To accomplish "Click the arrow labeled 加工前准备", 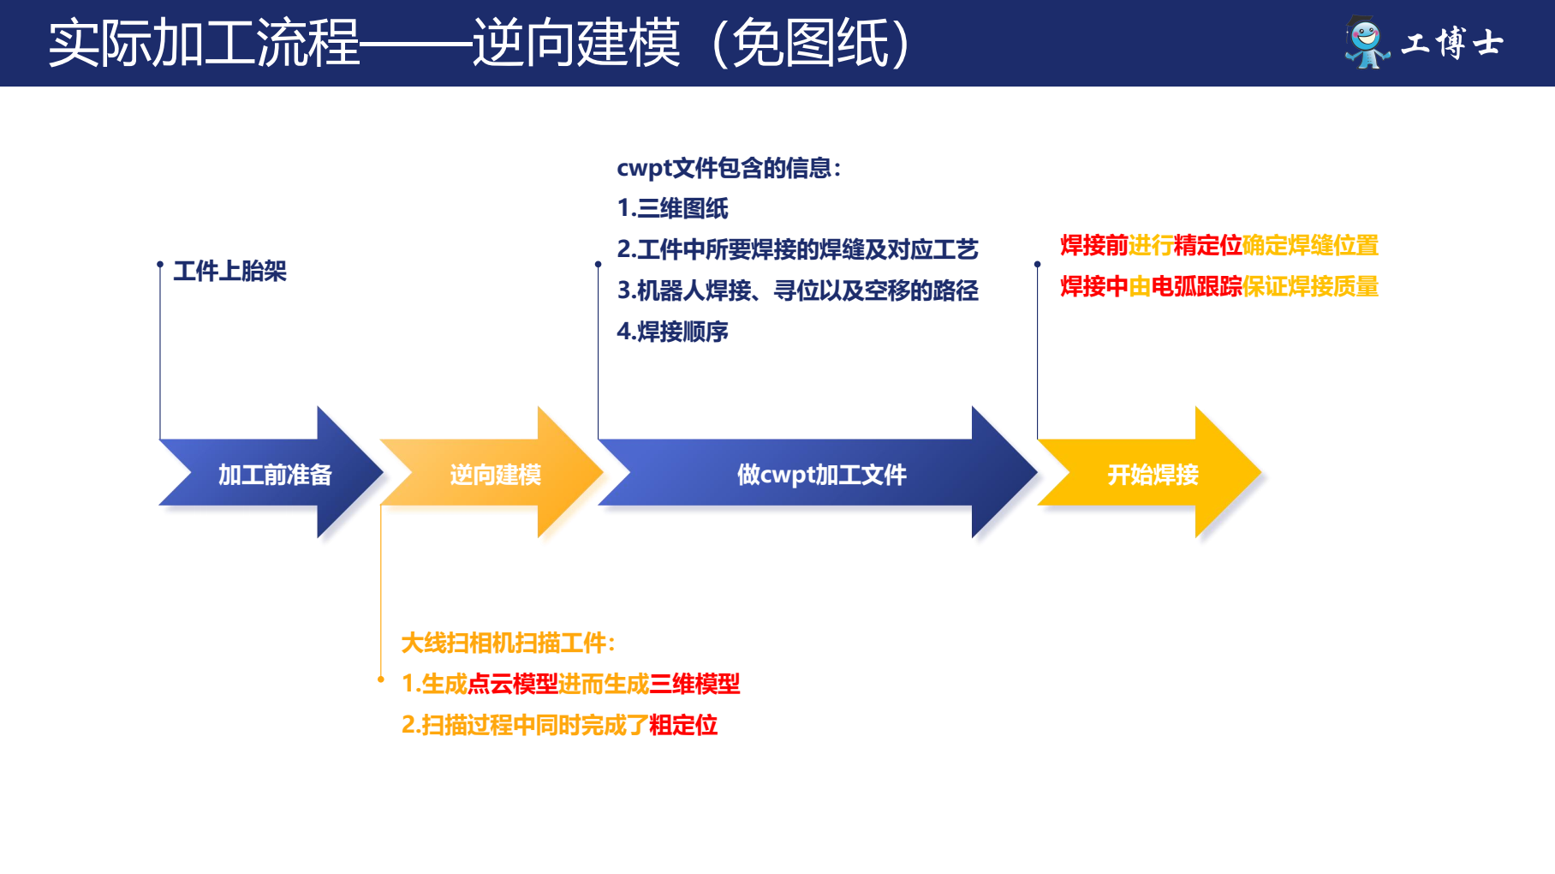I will pos(274,474).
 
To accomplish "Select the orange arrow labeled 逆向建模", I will pos(495,474).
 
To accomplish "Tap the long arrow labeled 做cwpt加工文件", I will pos(820,474).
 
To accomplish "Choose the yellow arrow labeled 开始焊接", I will pos(1152,474).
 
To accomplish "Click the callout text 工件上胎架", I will pos(229,272).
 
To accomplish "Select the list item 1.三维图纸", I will pos(672,208).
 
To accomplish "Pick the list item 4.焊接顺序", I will pos(672,332).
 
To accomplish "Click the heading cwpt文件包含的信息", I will pos(728,168).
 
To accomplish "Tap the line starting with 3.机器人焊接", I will pos(797,290).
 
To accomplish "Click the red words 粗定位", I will pos(683,725).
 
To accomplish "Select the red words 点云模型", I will pos(512,684).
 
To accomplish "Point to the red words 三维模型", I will pos(694,684).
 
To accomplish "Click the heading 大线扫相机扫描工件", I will pos(508,643).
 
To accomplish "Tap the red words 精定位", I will pos(1207,246).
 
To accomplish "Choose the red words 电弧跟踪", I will pos(1196,286).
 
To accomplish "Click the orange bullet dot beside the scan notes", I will pos(381,679).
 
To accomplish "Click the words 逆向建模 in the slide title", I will pos(576,43).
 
